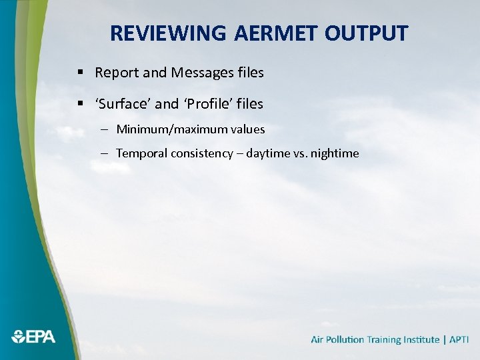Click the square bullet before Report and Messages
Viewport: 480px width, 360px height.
pos(80,73)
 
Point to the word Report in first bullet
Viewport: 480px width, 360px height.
pos(115,73)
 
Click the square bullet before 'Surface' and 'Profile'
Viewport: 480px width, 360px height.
pos(80,104)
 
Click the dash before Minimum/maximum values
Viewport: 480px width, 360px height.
pos(105,129)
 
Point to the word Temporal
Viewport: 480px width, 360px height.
pos(141,153)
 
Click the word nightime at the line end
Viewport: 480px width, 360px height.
pos(335,153)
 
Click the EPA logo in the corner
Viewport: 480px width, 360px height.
pos(33,337)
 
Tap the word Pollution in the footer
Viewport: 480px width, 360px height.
pos(345,339)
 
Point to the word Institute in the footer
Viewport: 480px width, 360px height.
pos(419,339)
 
